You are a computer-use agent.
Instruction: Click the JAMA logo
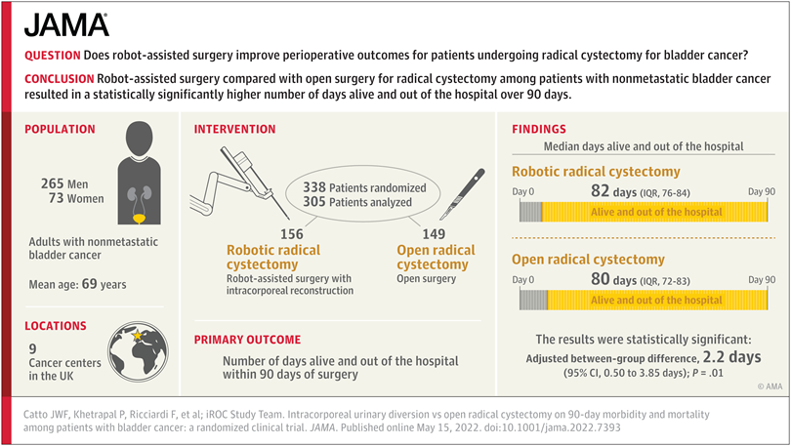pos(65,25)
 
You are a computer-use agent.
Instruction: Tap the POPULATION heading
pos(60,129)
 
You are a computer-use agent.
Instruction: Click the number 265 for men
pos(54,184)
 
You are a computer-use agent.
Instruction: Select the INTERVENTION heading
pos(234,130)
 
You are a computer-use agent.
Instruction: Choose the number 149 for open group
pos(433,234)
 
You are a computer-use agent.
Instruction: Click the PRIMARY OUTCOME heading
pos(247,341)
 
